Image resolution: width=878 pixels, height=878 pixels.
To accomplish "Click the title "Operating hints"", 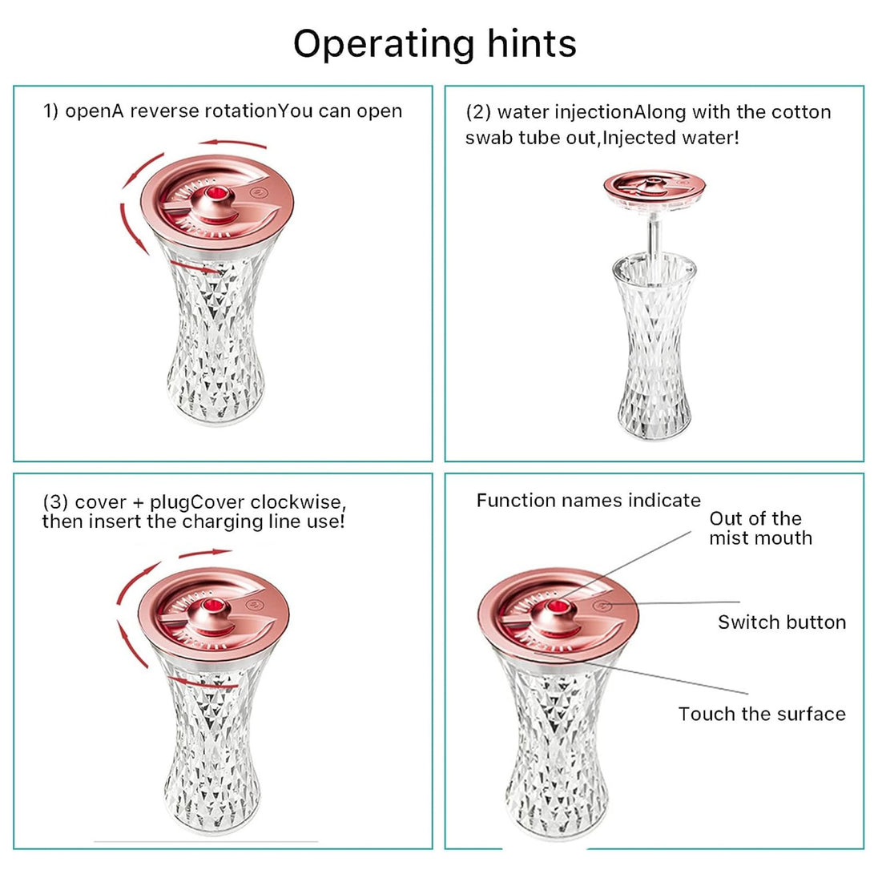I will coord(434,43).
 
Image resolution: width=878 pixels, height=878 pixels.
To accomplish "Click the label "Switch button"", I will coord(781,622).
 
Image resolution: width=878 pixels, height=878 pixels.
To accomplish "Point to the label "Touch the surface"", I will coord(761,714).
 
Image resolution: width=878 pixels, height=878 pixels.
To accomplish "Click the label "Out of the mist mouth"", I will coord(760,528).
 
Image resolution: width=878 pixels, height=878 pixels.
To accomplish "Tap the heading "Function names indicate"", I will coord(588,501).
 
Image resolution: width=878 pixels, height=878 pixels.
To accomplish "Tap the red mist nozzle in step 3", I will coord(213,606).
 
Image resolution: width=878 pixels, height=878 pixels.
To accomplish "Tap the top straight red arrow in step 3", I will coord(204,553).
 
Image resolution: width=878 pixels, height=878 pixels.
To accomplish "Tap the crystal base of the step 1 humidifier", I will coord(214,344).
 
